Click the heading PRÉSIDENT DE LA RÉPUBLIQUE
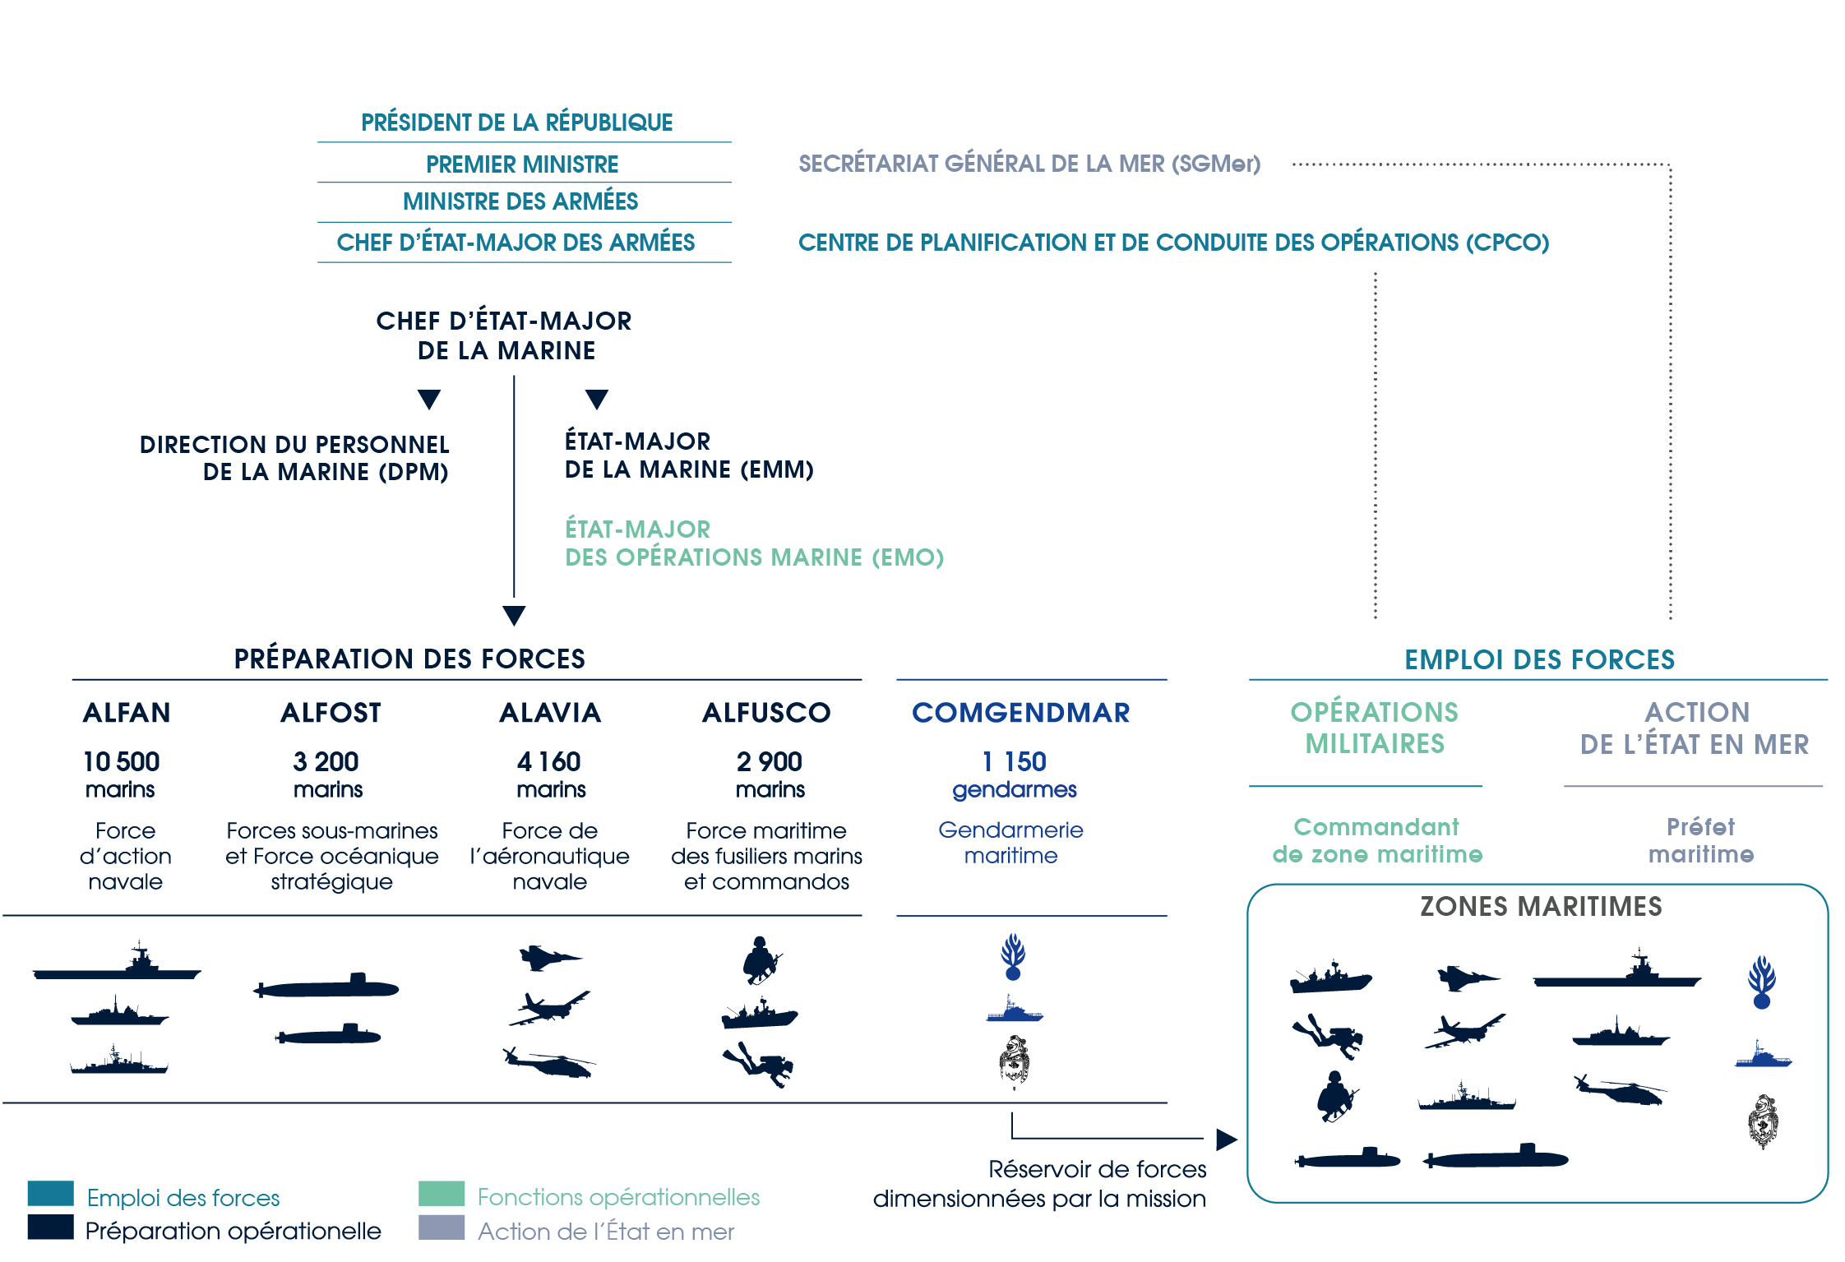click(x=516, y=122)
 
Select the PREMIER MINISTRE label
click(x=522, y=164)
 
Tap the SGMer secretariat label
click(x=1029, y=163)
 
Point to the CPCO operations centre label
click(x=1173, y=242)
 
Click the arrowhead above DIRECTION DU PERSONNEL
click(x=429, y=400)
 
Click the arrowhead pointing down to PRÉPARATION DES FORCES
click(x=514, y=616)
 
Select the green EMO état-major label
click(x=754, y=543)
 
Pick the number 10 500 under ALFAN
click(x=122, y=761)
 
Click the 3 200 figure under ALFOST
click(x=326, y=761)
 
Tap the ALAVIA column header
click(x=550, y=712)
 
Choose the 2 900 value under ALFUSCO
click(x=770, y=761)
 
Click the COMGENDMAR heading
click(x=1021, y=712)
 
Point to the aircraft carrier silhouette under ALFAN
click(x=117, y=962)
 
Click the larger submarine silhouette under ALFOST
click(x=326, y=986)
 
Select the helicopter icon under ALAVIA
click(x=549, y=1061)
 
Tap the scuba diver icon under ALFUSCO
click(x=758, y=1064)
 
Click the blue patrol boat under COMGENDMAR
click(x=1015, y=1010)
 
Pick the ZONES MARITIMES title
click(x=1541, y=906)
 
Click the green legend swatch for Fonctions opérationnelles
click(x=442, y=1193)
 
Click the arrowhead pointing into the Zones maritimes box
click(x=1227, y=1139)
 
